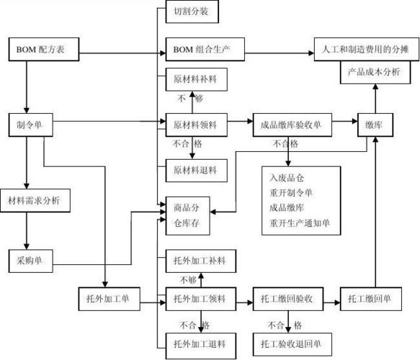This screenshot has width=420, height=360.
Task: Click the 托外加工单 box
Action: [107, 298]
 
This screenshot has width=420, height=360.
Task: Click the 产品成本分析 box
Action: [374, 72]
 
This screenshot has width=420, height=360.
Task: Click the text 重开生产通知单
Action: [300, 224]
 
